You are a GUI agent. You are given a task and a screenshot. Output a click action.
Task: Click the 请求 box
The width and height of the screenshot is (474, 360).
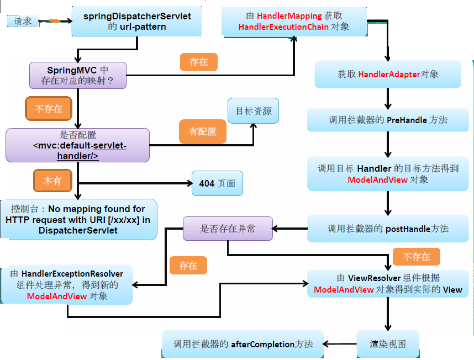pyautogui.click(x=23, y=22)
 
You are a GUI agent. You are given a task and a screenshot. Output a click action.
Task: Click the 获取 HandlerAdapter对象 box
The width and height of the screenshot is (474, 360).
pyautogui.click(x=388, y=74)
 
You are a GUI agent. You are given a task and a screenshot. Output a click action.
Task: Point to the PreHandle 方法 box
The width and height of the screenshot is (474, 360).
pyautogui.click(x=388, y=119)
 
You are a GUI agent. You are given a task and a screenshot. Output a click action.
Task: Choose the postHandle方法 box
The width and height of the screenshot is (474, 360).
pyautogui.click(x=388, y=228)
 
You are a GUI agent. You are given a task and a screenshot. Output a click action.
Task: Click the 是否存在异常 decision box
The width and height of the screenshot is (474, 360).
pyautogui.click(x=228, y=228)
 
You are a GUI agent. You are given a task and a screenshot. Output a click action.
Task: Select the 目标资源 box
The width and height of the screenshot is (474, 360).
pyautogui.click(x=254, y=111)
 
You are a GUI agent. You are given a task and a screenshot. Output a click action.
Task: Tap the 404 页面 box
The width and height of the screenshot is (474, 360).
pyautogui.click(x=217, y=183)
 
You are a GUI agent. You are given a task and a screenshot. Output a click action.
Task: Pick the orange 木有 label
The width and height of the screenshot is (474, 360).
pyautogui.click(x=52, y=180)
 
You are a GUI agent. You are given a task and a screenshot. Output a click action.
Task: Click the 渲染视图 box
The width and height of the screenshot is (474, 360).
pyautogui.click(x=388, y=343)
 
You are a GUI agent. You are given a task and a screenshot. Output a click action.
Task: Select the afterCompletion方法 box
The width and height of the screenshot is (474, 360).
pyautogui.click(x=243, y=344)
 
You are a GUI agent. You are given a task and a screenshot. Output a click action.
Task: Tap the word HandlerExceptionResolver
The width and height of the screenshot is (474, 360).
pyautogui.click(x=72, y=274)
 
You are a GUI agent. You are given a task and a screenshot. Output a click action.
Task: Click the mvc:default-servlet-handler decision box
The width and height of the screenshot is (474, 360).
pyautogui.click(x=78, y=145)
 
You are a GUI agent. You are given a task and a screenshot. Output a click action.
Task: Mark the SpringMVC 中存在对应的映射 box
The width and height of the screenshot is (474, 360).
pyautogui.click(x=78, y=76)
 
